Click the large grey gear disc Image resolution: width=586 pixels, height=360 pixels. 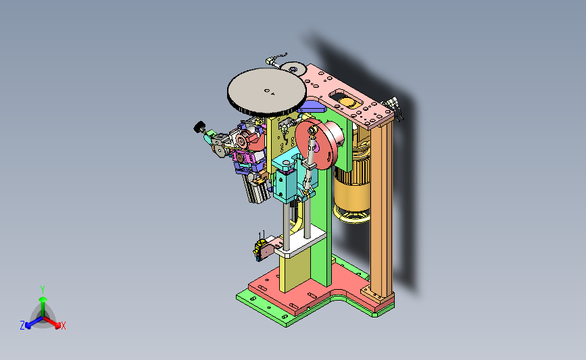coord(266,91)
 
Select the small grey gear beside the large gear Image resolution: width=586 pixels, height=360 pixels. coord(293,69)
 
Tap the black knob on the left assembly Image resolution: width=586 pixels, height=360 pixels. coord(199,127)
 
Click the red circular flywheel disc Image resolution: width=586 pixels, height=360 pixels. coord(313,143)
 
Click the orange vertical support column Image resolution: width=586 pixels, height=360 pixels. coord(381,209)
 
